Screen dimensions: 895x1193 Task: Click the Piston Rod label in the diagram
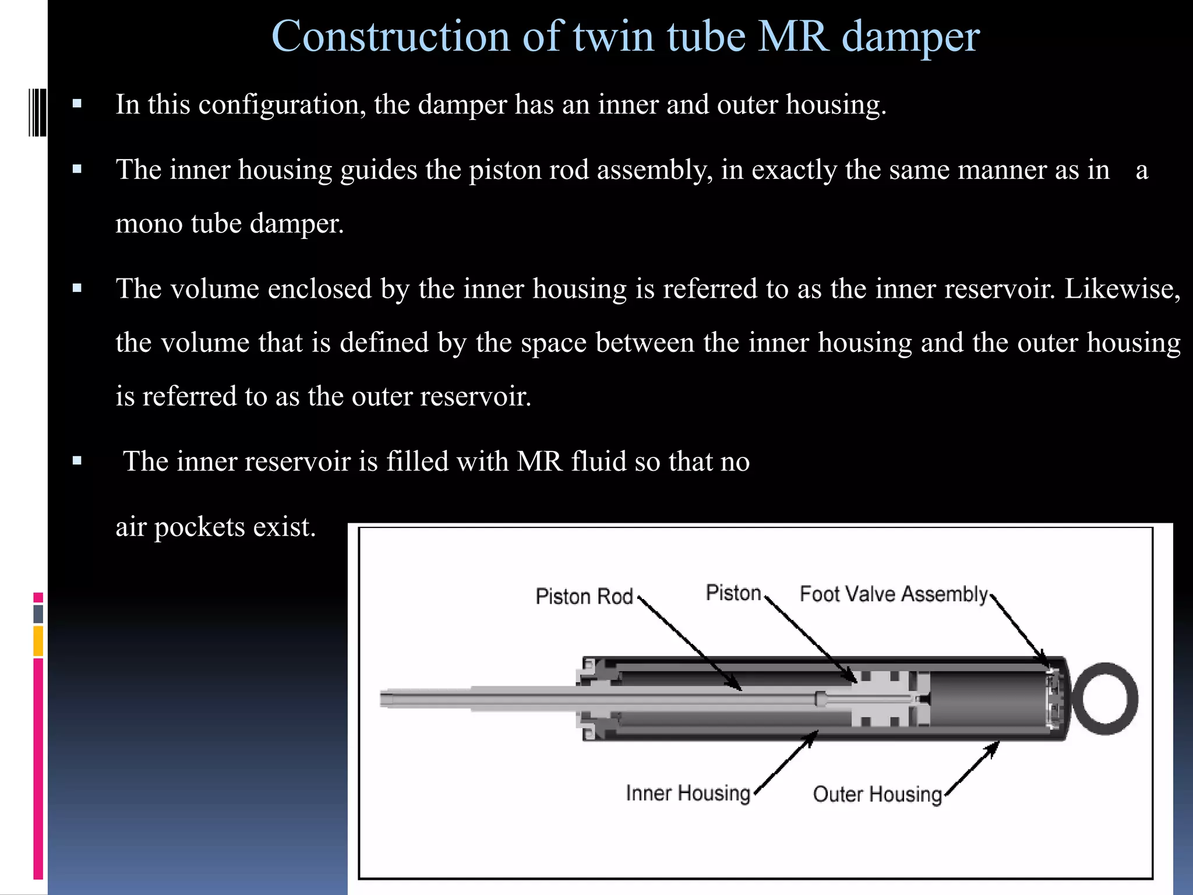[584, 597]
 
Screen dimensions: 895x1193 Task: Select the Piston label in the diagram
[733, 593]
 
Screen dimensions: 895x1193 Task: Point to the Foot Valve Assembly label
[894, 594]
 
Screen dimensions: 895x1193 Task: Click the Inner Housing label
[688, 793]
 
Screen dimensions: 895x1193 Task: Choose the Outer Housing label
[877, 794]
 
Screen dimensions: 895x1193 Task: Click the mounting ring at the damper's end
[1105, 699]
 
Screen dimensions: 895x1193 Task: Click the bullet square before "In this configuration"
[77, 105]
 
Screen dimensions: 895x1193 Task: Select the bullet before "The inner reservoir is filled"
[77, 461]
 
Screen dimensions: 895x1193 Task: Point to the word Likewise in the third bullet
[1122, 289]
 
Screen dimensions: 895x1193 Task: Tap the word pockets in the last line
[200, 527]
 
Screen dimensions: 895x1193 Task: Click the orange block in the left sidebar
[38, 641]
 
